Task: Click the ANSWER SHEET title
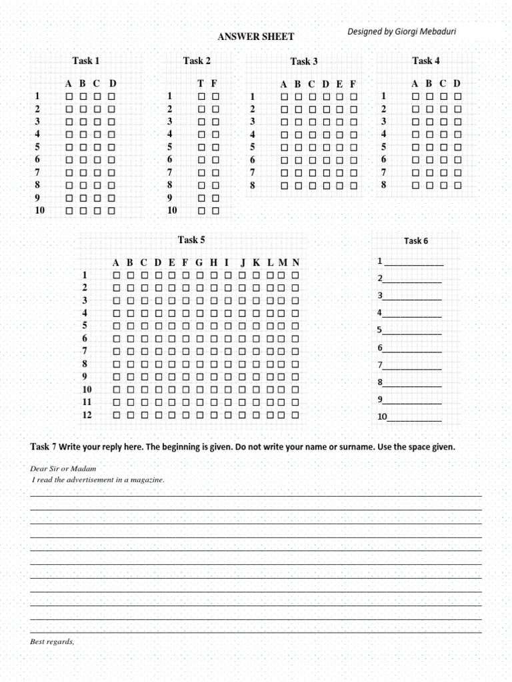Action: pos(255,37)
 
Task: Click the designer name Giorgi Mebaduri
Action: pos(402,31)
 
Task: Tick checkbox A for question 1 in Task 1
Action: pos(69,97)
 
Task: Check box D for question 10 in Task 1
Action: pos(111,210)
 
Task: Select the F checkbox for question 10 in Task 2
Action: pos(215,210)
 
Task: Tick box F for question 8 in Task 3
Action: pos(353,186)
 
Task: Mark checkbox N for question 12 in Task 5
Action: pos(295,415)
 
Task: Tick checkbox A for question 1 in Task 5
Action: pos(116,275)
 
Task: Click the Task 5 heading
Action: pos(191,240)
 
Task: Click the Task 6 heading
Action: pos(416,241)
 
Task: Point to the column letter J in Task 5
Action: pos(243,262)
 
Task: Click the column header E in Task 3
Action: pos(339,84)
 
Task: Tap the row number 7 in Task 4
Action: pos(383,172)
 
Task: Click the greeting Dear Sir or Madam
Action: pos(59,469)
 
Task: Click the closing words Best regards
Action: pos(53,642)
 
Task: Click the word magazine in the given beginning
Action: pos(146,480)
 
